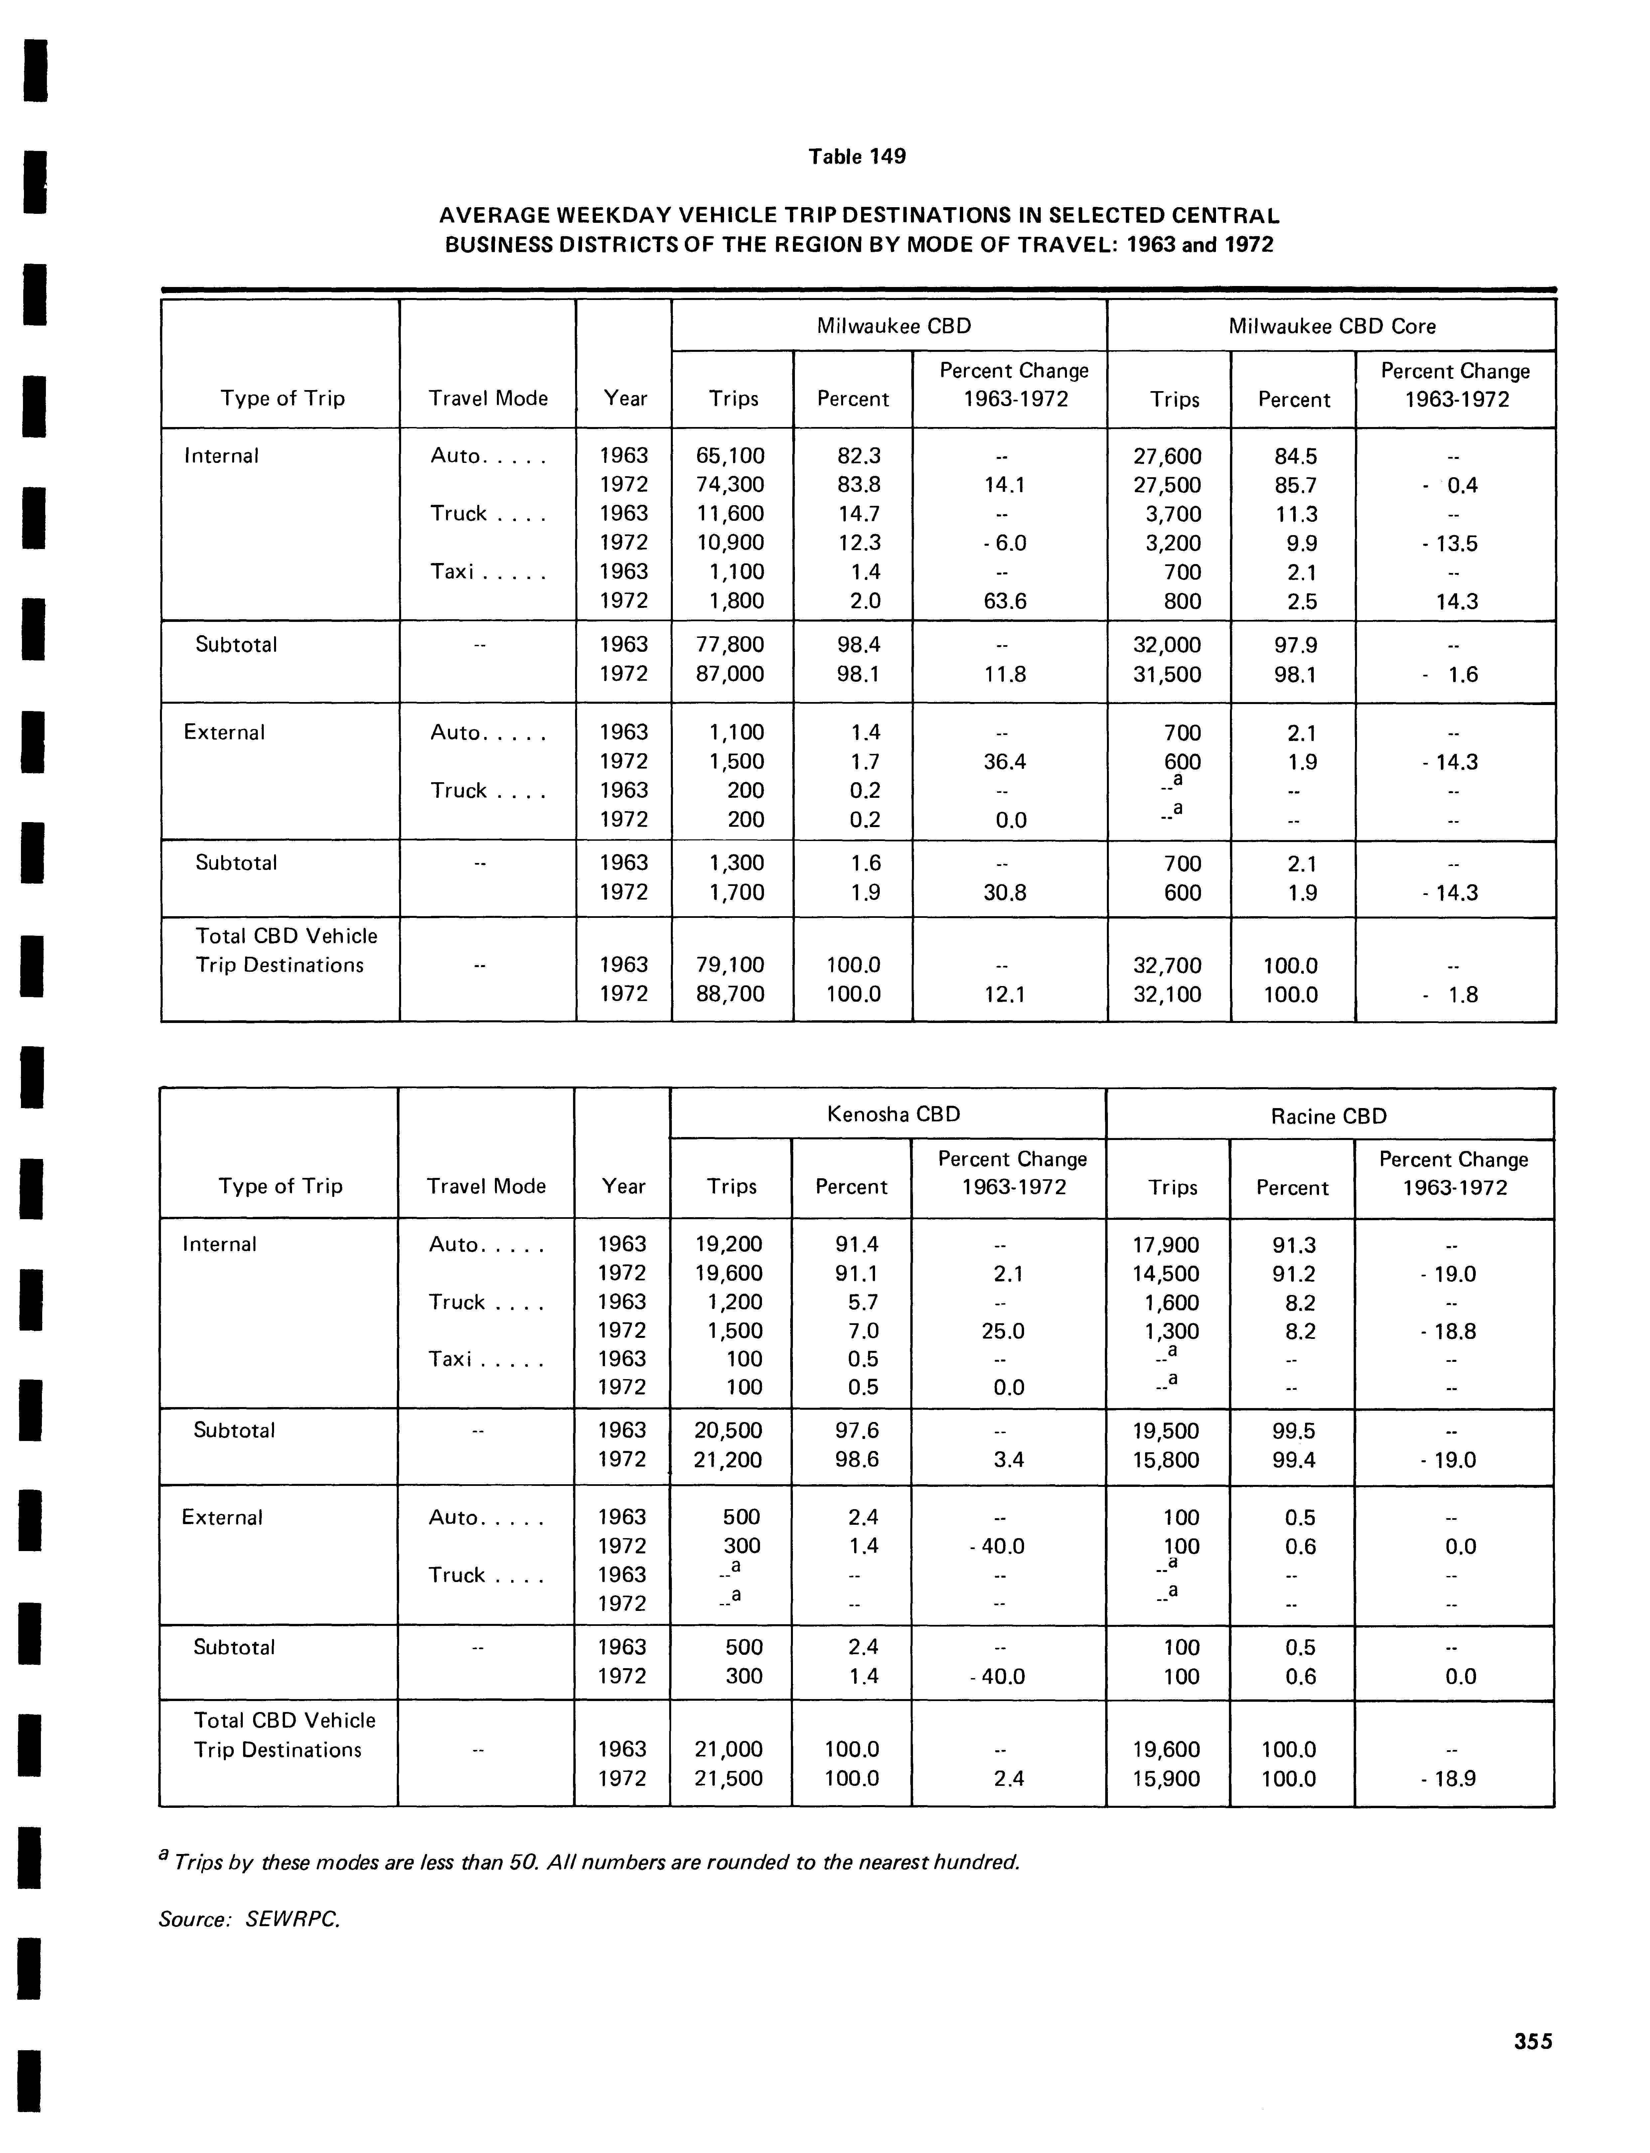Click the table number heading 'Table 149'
(856, 156)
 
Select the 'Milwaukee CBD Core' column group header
(1332, 326)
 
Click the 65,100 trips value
(730, 456)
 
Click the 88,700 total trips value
(730, 994)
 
